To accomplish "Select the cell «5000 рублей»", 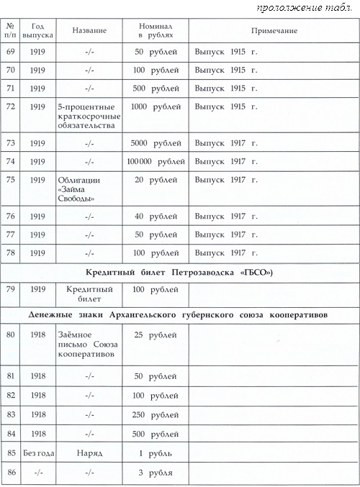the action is [x=152, y=142].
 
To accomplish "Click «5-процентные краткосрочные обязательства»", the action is [x=89, y=116].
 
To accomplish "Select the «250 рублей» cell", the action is [x=152, y=414].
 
